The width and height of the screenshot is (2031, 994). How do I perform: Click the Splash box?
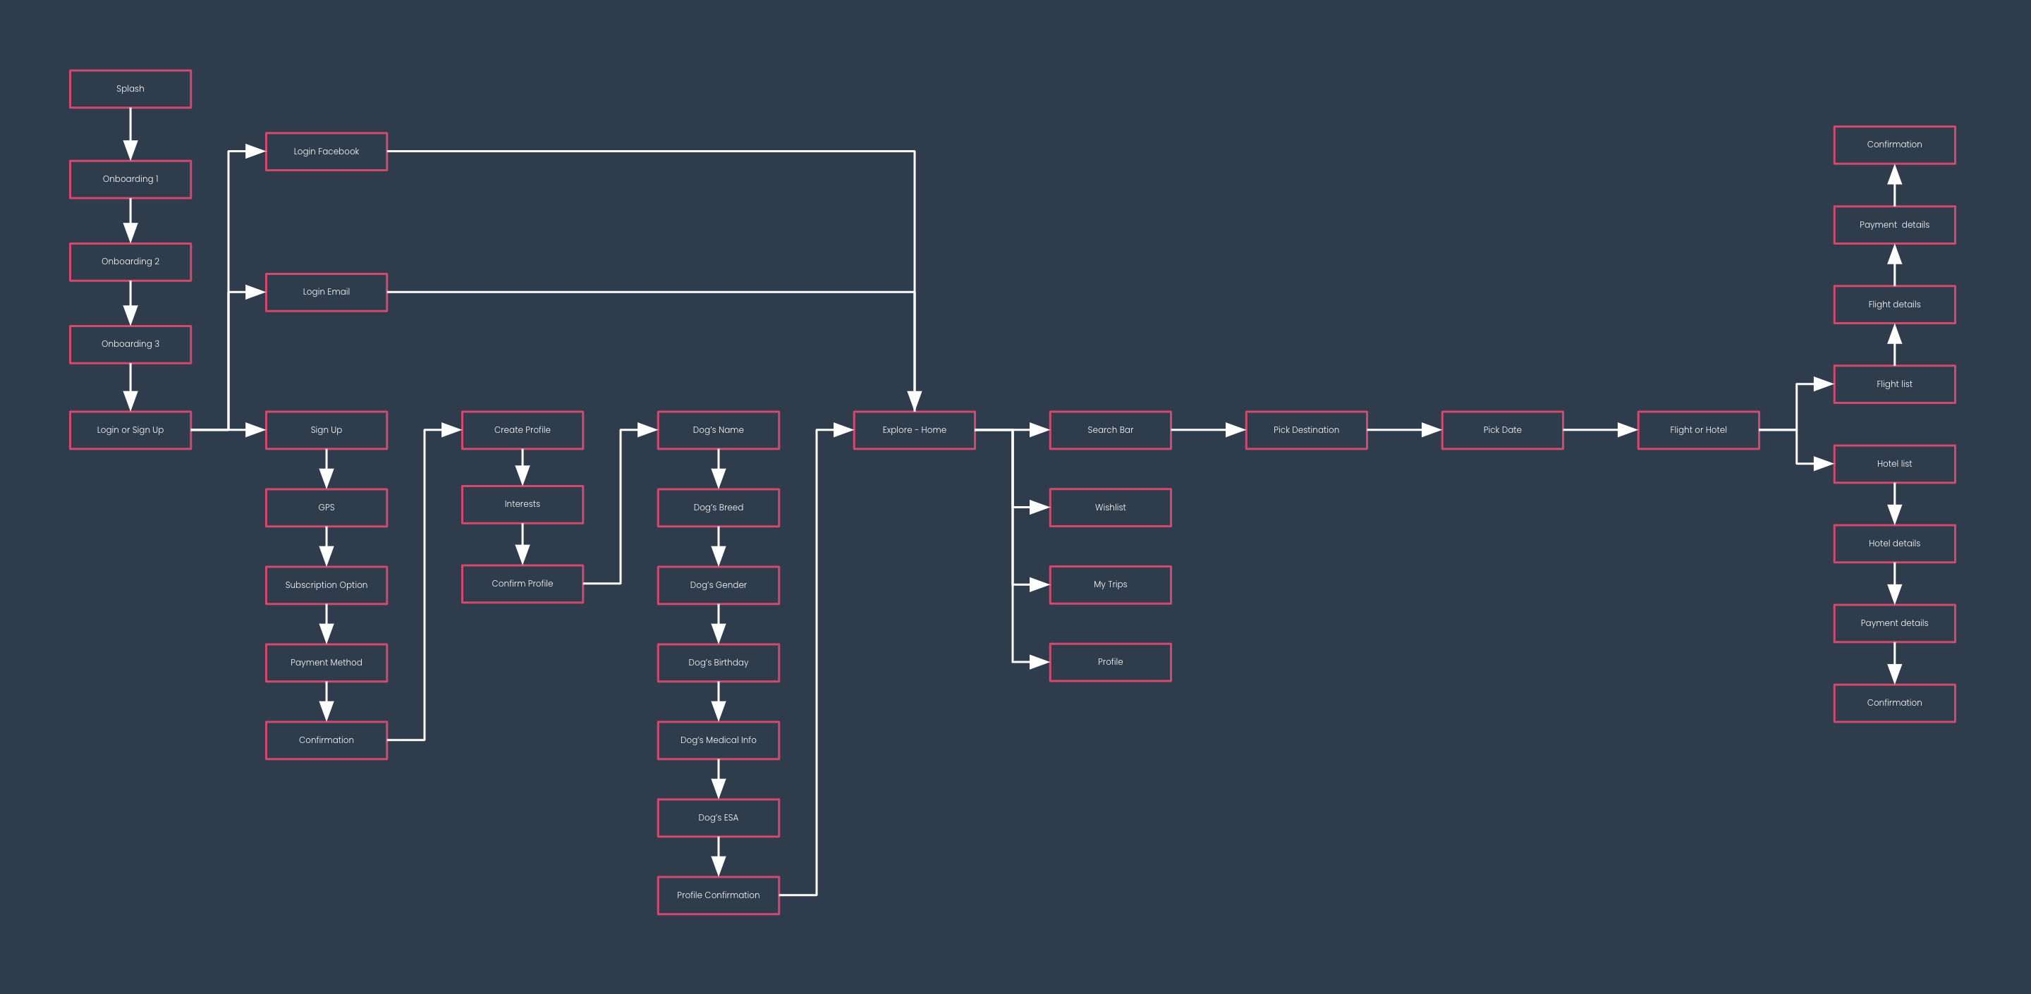(x=130, y=89)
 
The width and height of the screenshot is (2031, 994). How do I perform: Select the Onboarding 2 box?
(x=130, y=262)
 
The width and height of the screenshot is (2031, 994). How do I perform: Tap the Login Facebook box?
(x=327, y=152)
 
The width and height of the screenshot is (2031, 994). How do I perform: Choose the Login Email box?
(x=327, y=292)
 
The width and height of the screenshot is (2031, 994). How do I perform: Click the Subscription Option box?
(x=327, y=585)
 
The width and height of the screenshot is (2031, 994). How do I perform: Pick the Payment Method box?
(x=327, y=662)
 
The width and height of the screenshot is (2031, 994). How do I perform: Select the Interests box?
(x=522, y=505)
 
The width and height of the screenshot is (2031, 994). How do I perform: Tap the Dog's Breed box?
(x=719, y=508)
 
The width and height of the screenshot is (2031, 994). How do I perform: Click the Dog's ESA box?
(x=719, y=818)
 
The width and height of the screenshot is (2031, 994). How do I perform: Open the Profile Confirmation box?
(x=719, y=895)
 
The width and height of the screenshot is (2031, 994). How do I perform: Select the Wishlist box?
(x=1110, y=508)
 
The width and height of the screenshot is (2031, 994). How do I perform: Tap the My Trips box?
(x=1110, y=585)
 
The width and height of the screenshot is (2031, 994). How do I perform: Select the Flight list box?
(x=1895, y=385)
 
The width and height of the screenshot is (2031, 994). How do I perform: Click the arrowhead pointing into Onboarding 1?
(x=130, y=151)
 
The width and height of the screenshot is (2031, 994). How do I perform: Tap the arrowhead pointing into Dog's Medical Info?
(x=719, y=711)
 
